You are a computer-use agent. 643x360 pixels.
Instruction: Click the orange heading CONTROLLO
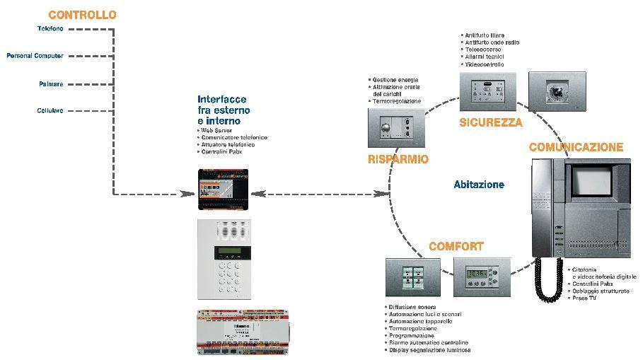[x=82, y=15]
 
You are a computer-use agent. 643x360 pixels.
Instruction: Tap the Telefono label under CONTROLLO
[x=50, y=29]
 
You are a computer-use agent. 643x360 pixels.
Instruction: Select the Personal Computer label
[x=35, y=56]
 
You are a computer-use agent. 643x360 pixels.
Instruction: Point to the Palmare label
[x=51, y=84]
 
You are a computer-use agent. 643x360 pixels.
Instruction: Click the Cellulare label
[x=50, y=110]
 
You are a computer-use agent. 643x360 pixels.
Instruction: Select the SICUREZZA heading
[x=491, y=122]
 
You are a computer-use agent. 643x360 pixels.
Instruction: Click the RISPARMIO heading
[x=398, y=159]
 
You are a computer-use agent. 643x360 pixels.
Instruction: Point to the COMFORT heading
[x=456, y=247]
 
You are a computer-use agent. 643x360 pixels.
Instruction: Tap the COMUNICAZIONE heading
[x=577, y=147]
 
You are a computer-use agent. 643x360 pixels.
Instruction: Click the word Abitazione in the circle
[x=479, y=185]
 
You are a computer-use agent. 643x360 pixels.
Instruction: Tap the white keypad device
[x=223, y=257]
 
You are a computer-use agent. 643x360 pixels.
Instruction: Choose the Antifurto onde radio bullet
[x=492, y=42]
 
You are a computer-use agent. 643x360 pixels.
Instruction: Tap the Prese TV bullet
[x=584, y=298]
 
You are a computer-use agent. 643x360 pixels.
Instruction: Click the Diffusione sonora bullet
[x=412, y=307]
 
